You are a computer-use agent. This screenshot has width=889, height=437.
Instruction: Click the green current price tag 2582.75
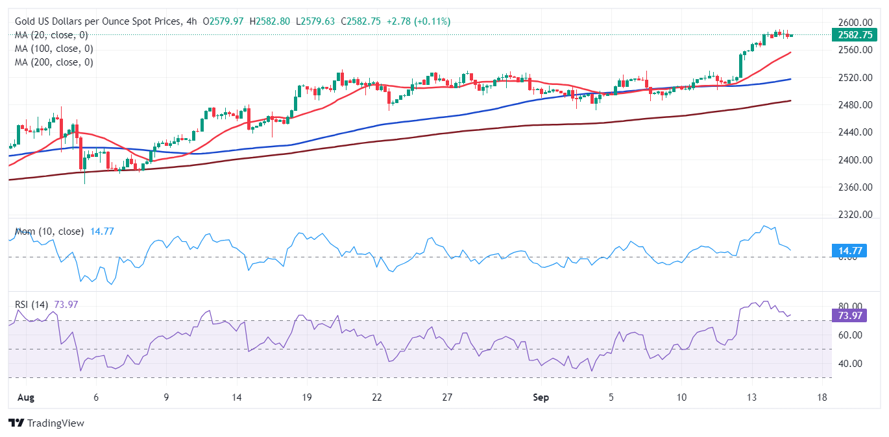[x=855, y=35]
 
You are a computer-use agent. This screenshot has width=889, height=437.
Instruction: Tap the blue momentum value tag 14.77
[x=849, y=251]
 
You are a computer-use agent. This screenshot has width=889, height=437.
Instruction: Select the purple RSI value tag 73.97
[x=849, y=316]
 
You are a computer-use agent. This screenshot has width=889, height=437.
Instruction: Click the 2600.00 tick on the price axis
[x=855, y=22]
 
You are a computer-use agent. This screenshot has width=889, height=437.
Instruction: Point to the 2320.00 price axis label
[x=855, y=215]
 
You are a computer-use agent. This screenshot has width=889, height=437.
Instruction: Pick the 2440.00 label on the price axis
[x=855, y=132]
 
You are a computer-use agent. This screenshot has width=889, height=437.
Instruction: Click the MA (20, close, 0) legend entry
[x=51, y=35]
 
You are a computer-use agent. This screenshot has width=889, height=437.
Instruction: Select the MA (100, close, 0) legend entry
[x=54, y=49]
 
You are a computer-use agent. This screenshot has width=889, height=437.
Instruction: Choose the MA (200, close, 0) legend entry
[x=54, y=62]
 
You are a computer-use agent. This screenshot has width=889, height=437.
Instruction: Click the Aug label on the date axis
[x=26, y=397]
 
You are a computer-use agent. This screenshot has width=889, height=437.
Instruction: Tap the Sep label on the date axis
[x=541, y=397]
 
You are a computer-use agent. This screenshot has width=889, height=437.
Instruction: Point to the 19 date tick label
[x=307, y=397]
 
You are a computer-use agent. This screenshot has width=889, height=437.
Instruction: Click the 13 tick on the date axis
[x=751, y=397]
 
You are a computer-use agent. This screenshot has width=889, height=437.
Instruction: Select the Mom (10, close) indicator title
[x=49, y=231]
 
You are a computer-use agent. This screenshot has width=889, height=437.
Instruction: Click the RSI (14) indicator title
[x=31, y=305]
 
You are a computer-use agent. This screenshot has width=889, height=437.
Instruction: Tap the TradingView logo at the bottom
[x=47, y=423]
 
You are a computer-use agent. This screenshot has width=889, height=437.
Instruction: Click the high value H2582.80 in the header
[x=269, y=21]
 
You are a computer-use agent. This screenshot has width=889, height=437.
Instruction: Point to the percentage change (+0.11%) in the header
[x=432, y=21]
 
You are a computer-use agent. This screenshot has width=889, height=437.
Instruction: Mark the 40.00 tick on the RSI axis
[x=850, y=364]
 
